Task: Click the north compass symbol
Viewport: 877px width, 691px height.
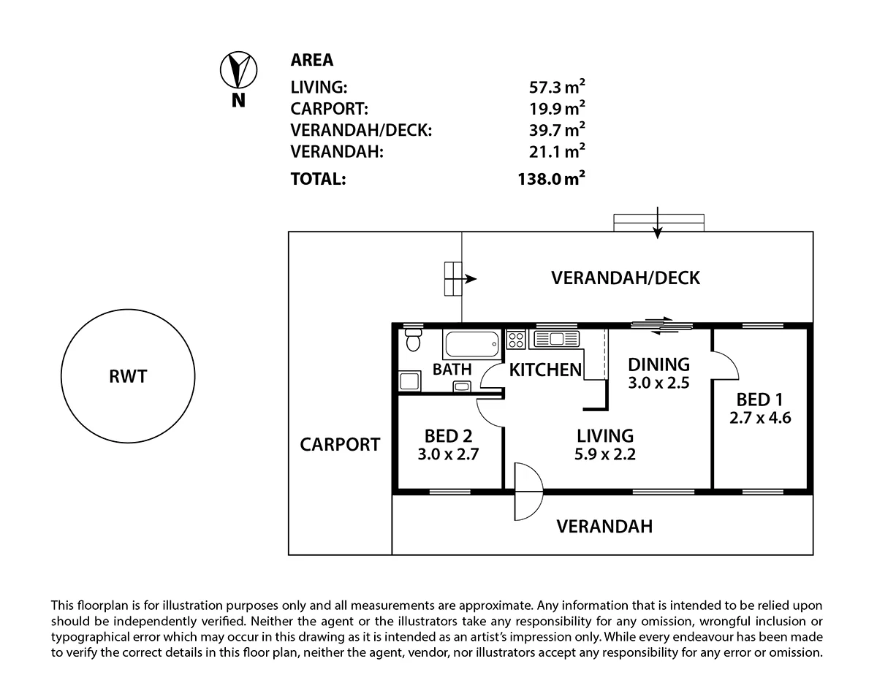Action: click(x=238, y=69)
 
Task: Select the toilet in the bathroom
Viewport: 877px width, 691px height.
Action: click(x=414, y=341)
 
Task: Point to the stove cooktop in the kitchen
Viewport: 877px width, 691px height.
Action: click(x=517, y=339)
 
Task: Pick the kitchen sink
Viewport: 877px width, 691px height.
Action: click(x=556, y=338)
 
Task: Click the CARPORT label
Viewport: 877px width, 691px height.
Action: click(x=340, y=444)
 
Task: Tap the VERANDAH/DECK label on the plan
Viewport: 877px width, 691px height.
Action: click(x=625, y=278)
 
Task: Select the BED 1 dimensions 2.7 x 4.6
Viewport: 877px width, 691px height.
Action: click(x=759, y=419)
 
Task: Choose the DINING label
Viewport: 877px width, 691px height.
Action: click(x=658, y=364)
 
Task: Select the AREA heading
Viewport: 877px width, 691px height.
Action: click(x=312, y=61)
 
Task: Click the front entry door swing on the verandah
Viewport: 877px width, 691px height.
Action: click(x=528, y=489)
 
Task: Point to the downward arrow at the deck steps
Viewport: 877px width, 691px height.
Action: click(x=658, y=224)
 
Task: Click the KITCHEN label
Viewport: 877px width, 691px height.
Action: click(x=545, y=370)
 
